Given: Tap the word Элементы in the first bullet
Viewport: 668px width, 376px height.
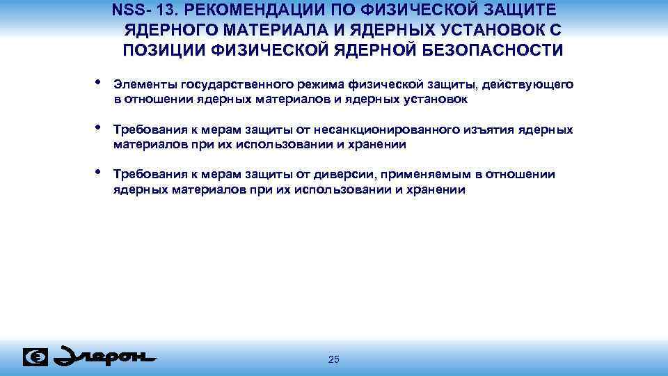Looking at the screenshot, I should coord(144,84).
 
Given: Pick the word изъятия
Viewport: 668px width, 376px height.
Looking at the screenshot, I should coord(491,130).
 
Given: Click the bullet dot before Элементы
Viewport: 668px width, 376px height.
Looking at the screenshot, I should coord(97,82).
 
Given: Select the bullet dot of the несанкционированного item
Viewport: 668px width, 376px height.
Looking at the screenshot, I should coord(97,127).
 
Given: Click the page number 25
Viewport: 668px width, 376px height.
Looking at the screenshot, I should coord(333,359).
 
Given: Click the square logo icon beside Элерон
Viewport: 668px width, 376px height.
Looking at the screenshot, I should coord(35,357).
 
